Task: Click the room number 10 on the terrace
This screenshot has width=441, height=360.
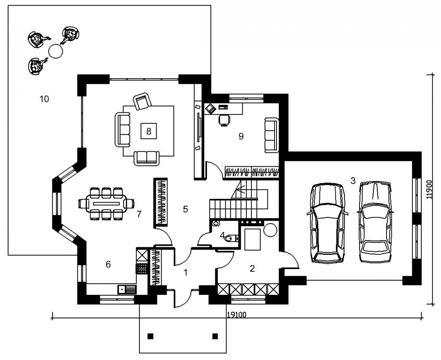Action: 44,99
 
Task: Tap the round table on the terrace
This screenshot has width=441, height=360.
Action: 55,52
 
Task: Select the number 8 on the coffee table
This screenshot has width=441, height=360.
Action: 149,131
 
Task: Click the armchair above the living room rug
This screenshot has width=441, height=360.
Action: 142,101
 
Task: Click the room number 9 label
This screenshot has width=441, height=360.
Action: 241,137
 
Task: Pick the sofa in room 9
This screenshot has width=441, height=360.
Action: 272,135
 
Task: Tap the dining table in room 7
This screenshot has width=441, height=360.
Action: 107,203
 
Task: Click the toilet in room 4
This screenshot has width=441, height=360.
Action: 232,239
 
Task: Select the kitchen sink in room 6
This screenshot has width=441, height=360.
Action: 127,289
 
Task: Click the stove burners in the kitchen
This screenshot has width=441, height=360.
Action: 141,269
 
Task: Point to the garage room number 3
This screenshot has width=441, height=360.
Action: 353,181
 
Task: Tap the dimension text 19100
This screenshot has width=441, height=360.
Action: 236,314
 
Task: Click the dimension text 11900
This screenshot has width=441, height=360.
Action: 429,190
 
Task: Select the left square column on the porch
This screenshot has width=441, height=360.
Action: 151,336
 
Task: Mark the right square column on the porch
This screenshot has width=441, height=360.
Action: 215,336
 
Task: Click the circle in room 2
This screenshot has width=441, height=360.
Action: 270,229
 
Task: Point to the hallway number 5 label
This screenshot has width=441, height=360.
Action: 186,209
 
